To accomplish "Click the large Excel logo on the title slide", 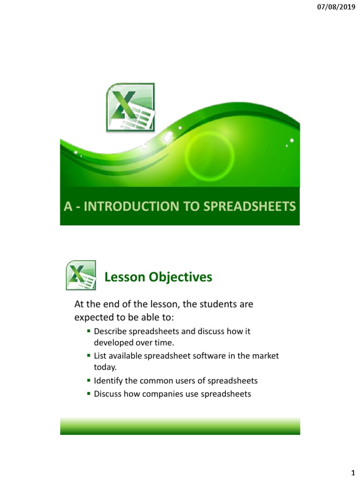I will [131, 106].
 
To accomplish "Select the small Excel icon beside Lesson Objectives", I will [81, 276].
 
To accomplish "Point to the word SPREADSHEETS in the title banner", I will [251, 207].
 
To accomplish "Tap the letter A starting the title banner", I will [68, 207].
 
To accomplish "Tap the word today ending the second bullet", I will [104, 367].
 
